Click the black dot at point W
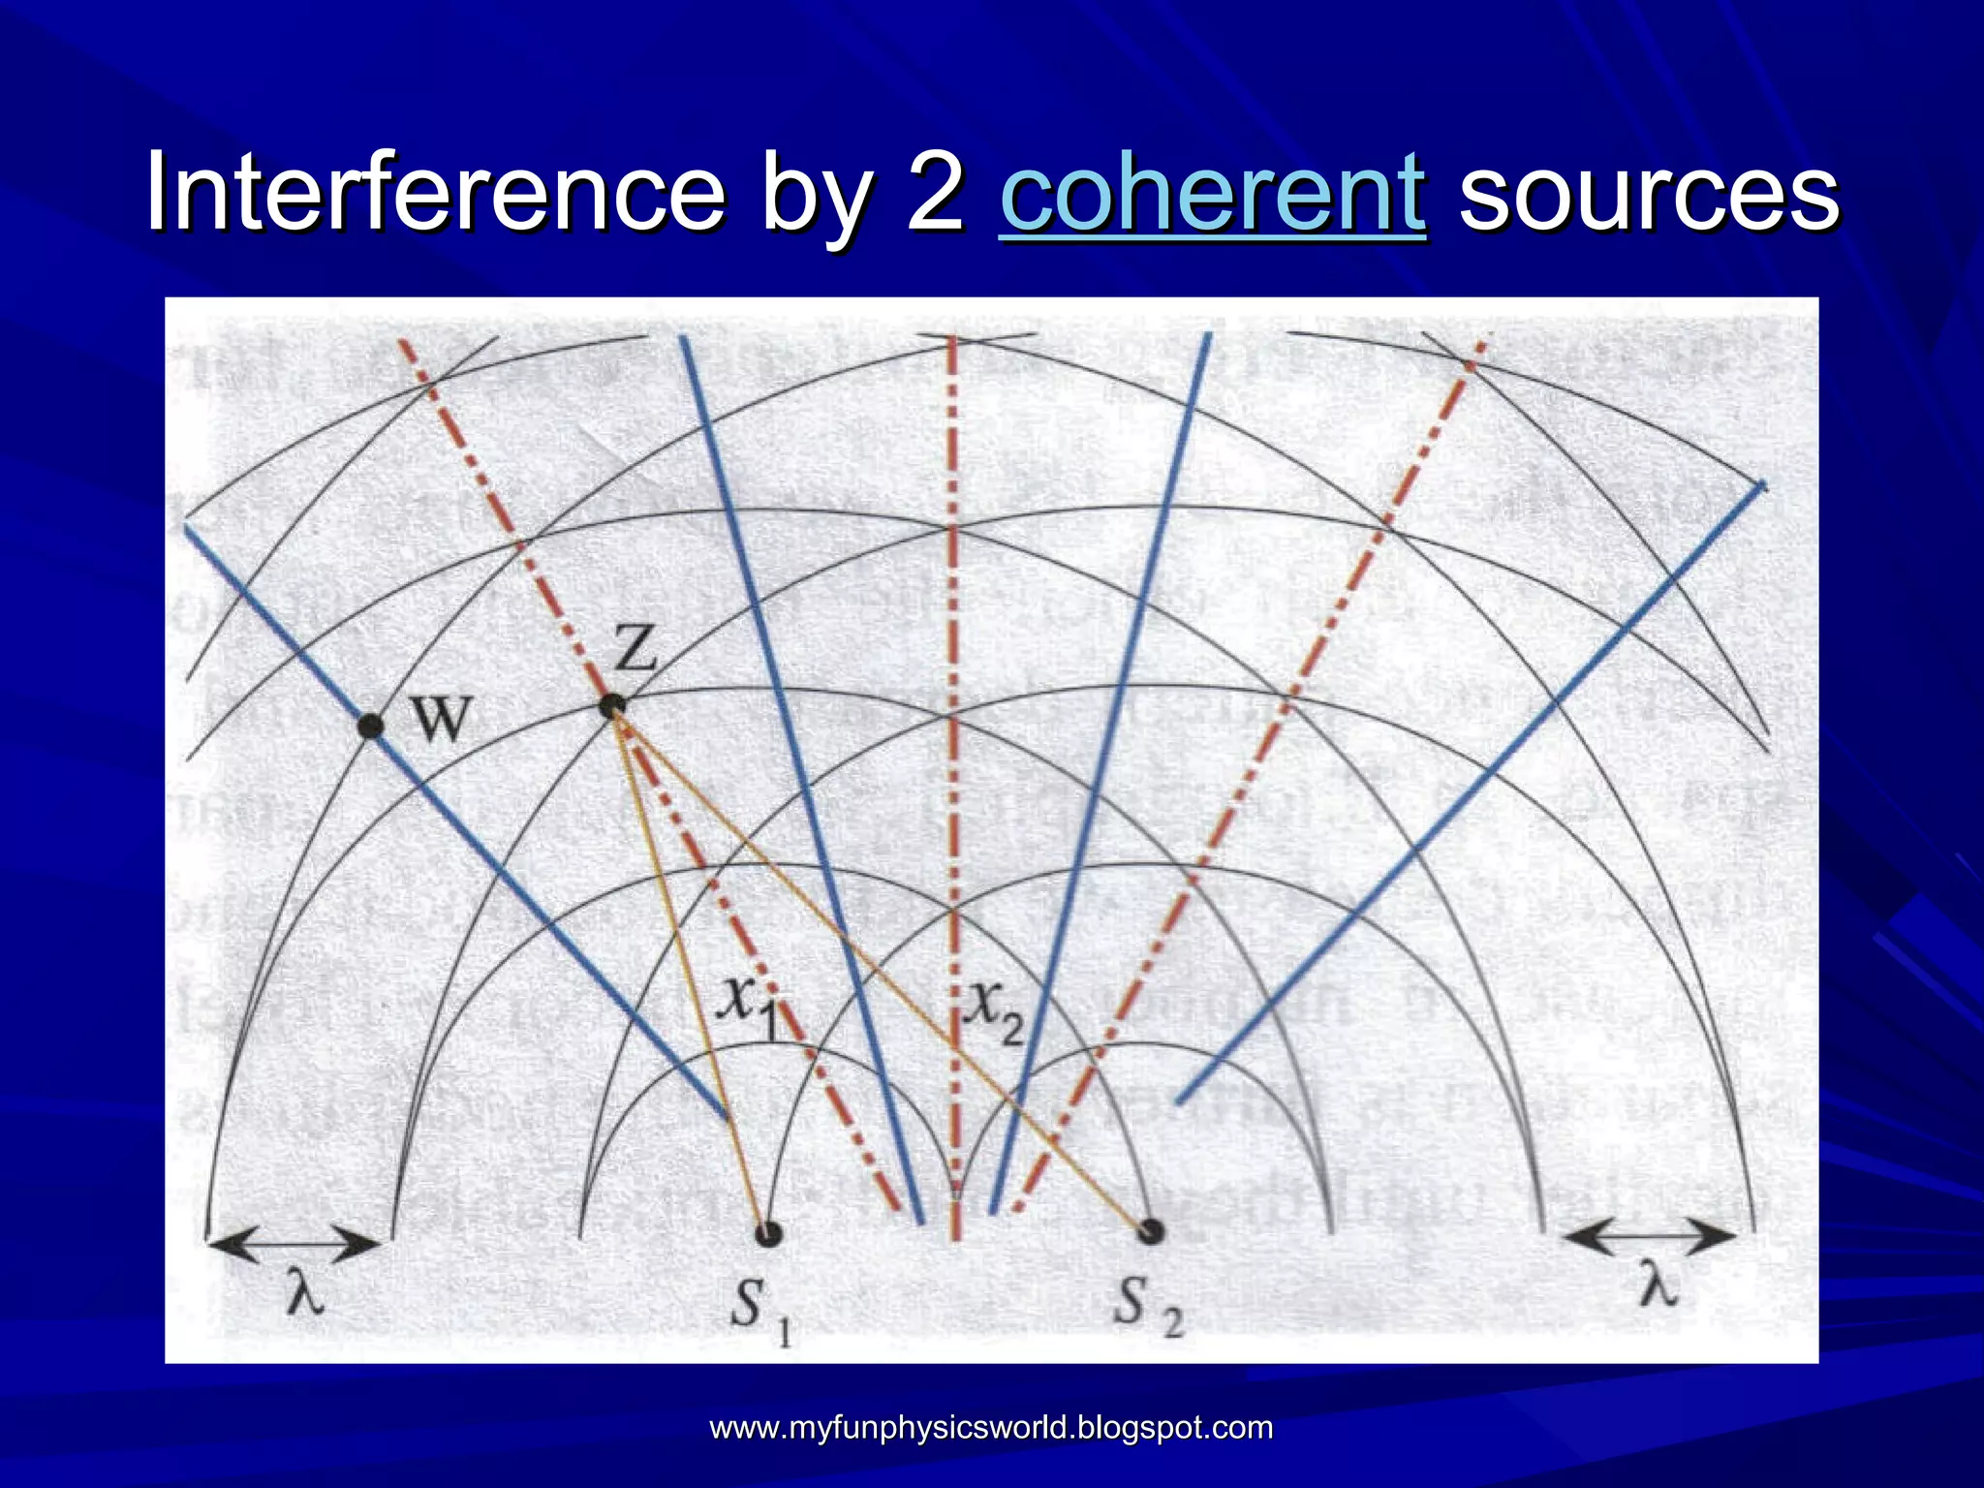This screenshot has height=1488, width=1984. tap(370, 726)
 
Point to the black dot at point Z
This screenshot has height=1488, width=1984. tap(611, 706)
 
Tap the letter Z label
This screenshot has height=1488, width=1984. tap(635, 649)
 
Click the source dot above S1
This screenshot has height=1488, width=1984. tap(768, 1232)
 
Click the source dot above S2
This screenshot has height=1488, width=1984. tap(1150, 1231)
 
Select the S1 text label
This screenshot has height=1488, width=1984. tap(760, 1310)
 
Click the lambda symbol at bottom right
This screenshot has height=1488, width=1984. tap(1658, 1286)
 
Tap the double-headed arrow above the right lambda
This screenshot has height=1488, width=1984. tap(1649, 1236)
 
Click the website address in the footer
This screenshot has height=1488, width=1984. tap(991, 1427)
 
